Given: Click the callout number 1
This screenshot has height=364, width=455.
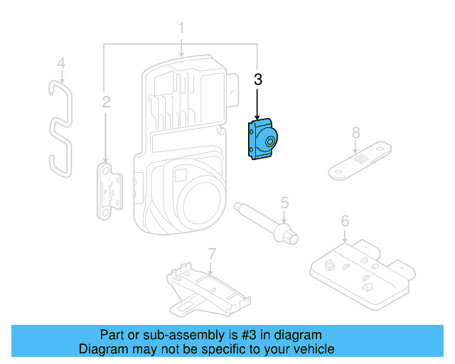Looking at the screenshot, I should pos(181,28).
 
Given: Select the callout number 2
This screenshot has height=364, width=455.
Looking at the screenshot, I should pos(106,102).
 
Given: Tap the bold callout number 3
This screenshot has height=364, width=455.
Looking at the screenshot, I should pos(258,80).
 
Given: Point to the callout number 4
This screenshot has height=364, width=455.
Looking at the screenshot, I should pos(61,64).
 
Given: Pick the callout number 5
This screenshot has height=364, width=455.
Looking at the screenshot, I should pos(284,203).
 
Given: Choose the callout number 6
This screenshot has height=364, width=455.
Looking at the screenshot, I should pos(345,221).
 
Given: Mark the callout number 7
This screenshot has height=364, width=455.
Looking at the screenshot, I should pos(211,253).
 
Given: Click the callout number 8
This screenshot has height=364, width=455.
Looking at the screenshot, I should pos(356,132).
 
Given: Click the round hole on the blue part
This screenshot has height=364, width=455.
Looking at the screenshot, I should pos(270,142).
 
